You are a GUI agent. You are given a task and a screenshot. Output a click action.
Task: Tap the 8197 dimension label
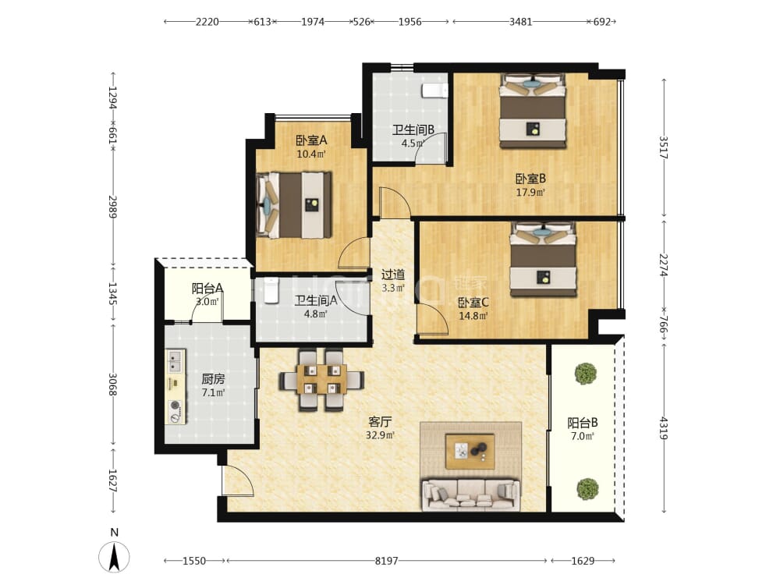[x=387, y=561]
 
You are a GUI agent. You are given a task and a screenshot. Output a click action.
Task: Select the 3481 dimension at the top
[x=521, y=21]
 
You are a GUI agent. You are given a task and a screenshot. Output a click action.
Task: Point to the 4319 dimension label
[x=664, y=427]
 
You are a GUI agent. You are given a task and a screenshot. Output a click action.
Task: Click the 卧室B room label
[x=530, y=178]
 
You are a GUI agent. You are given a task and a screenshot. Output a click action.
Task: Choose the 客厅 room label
[x=380, y=422]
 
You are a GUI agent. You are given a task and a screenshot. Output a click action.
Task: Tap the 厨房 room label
[x=213, y=379]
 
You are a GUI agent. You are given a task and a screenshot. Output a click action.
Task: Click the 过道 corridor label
[x=393, y=274]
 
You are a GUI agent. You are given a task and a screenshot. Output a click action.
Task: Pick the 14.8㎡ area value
[x=473, y=315]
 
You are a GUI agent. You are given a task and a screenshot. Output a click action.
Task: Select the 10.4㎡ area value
[x=311, y=154]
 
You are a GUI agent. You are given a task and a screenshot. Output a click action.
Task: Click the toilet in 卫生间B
[x=434, y=90]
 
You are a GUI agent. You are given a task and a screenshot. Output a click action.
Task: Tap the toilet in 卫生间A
[x=271, y=290]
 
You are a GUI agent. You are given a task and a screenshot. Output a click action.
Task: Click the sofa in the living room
[x=470, y=495]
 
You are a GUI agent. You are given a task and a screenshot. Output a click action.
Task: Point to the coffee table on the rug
[x=470, y=451]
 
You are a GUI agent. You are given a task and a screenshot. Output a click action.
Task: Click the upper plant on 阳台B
[x=586, y=374]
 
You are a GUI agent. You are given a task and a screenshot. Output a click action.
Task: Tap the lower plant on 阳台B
[x=587, y=489]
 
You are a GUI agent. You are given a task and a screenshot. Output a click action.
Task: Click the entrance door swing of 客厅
[x=238, y=480]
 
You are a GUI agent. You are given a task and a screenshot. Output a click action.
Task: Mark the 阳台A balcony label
[x=207, y=289]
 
